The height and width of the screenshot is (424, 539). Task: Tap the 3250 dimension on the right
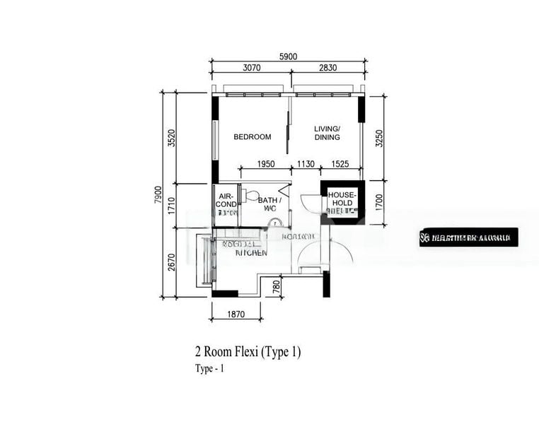379,138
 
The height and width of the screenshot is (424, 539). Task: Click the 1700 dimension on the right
379,202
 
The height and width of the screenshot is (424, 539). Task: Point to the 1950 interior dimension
266,164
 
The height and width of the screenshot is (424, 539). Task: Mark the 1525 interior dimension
340,164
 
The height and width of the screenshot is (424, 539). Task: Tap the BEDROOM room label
253,137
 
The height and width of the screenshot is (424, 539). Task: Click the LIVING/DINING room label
327,133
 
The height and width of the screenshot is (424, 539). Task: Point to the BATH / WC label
269,204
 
